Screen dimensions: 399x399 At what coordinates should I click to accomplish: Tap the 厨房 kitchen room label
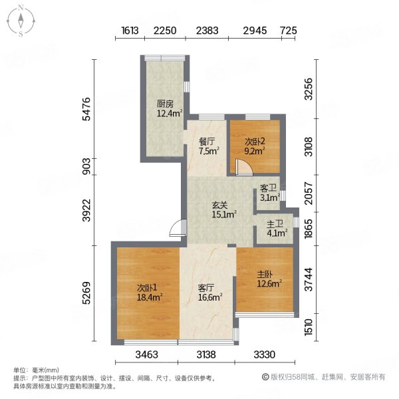coord(165,104)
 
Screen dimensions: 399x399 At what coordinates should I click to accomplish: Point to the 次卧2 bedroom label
coord(255,142)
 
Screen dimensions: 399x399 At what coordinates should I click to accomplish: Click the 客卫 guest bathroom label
coord(268,188)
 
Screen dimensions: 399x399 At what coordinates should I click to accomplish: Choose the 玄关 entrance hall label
coord(220,205)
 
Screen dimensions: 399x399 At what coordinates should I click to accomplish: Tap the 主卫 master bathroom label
coord(275,224)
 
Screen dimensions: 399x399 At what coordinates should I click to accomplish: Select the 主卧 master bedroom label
coord(265,275)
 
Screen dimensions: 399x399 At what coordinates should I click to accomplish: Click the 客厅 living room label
coord(206,288)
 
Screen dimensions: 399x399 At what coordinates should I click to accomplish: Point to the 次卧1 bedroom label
coord(147,288)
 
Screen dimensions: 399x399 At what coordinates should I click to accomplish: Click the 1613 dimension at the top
coord(130,31)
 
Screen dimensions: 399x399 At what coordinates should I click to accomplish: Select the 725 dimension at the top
coord(289,31)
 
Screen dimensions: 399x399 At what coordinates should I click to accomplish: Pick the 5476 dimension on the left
coord(86,109)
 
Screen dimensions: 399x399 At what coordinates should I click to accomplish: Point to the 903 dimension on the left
coord(86,166)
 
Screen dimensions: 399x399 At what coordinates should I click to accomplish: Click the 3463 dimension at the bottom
coord(146,354)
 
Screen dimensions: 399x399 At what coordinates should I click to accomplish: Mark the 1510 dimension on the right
coord(309,327)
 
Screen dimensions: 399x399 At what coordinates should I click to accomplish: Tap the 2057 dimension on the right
coord(309,194)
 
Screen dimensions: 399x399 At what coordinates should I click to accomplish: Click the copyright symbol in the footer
coord(265,377)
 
